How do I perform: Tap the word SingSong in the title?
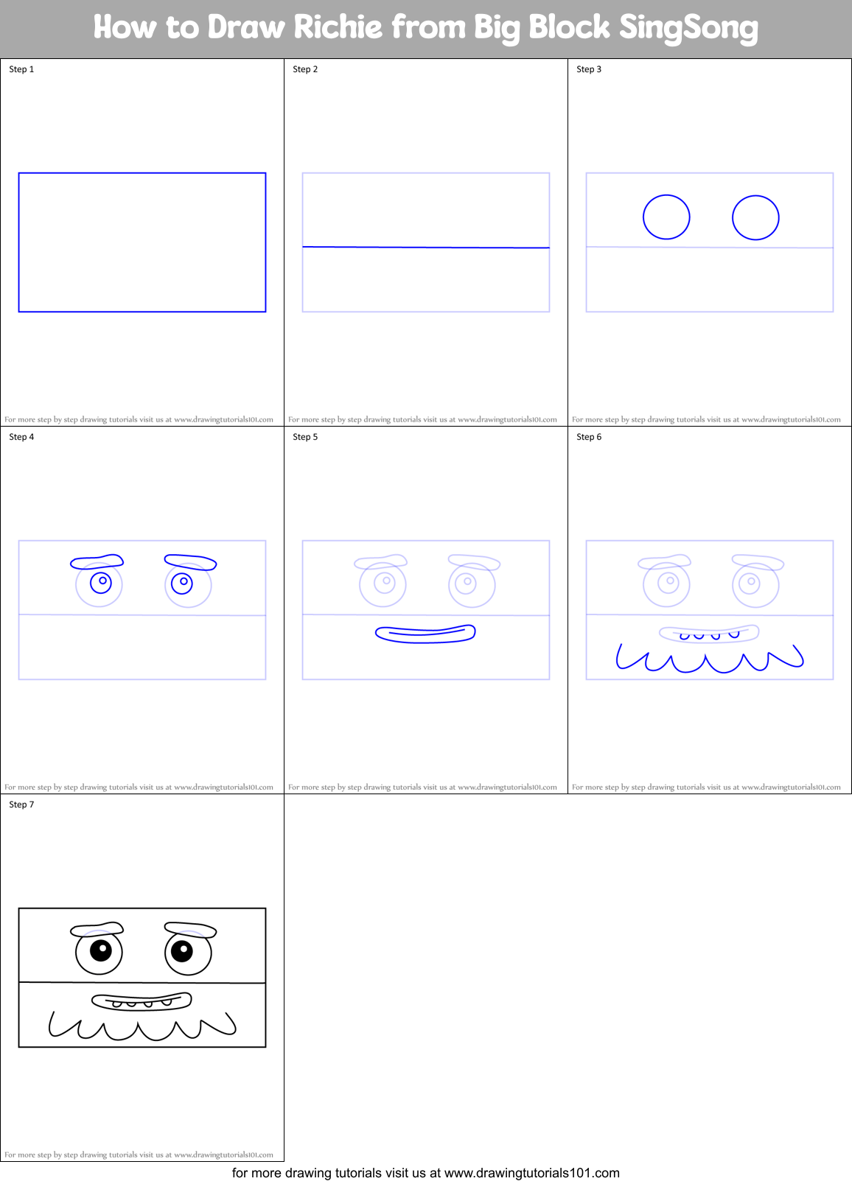(x=688, y=28)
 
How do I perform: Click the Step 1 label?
(x=21, y=69)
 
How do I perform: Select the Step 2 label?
(x=305, y=69)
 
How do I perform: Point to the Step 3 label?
(x=589, y=69)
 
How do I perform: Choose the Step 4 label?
(x=21, y=437)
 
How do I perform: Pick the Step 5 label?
(x=305, y=437)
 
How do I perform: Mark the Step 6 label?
(x=589, y=437)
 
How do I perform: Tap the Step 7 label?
(x=21, y=805)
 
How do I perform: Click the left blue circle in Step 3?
(x=666, y=217)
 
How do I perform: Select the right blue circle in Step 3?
(x=755, y=217)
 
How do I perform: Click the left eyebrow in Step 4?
(x=97, y=562)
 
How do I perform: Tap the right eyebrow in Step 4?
(x=190, y=562)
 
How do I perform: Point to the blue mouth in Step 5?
(x=425, y=634)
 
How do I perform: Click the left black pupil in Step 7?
(x=100, y=950)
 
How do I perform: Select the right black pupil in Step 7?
(x=181, y=950)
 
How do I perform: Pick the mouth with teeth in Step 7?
(x=142, y=1001)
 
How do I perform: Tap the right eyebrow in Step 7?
(x=190, y=930)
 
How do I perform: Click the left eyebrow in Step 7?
(x=97, y=930)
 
